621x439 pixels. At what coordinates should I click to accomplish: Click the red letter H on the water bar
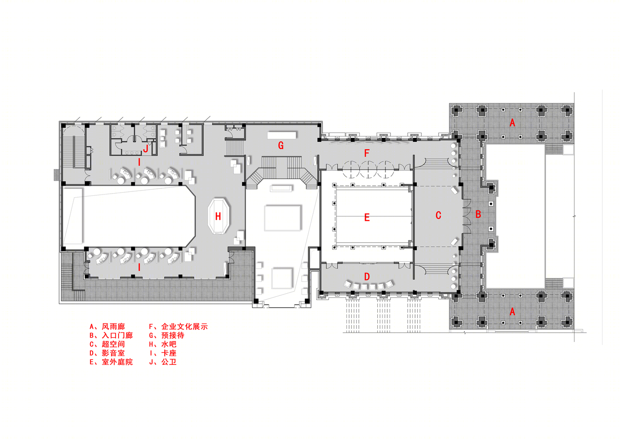(218, 216)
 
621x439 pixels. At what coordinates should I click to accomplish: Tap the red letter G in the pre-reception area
(281, 145)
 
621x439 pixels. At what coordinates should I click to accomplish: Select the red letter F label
(367, 153)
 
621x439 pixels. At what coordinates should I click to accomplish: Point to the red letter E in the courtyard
(367, 217)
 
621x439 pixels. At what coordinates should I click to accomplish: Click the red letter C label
(438, 216)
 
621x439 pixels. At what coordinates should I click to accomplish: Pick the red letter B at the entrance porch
(478, 214)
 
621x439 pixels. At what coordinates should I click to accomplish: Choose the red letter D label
(367, 277)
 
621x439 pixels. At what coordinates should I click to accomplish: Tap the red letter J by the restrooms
(145, 148)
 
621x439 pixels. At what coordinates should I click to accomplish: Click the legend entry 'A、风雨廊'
(107, 327)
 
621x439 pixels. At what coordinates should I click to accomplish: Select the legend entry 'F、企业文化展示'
(178, 327)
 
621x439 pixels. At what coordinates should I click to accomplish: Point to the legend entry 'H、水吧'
(163, 344)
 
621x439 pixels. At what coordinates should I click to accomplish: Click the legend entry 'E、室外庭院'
(111, 362)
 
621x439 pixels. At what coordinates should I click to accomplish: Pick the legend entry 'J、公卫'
(163, 362)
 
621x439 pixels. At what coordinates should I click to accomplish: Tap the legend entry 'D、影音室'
(107, 353)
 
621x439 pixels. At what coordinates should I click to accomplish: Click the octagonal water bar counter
(219, 216)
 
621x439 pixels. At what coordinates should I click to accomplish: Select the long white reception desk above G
(282, 135)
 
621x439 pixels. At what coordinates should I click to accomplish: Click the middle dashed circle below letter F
(368, 169)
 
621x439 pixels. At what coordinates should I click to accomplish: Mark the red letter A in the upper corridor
(513, 123)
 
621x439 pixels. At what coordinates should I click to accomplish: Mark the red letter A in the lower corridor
(513, 312)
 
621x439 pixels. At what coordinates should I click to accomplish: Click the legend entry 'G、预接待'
(166, 335)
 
